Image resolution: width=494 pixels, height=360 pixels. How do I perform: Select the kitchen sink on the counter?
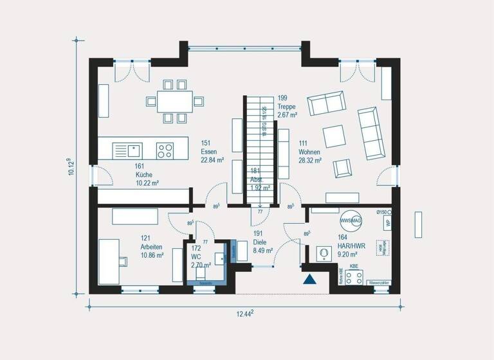[134, 150]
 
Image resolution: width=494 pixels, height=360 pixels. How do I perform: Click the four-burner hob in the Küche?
[165, 150]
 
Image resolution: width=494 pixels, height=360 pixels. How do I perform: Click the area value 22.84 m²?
[212, 161]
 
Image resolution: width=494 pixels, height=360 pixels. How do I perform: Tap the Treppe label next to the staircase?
[287, 107]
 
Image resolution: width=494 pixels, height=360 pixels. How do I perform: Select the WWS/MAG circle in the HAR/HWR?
[351, 220]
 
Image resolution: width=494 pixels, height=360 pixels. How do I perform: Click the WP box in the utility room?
[387, 223]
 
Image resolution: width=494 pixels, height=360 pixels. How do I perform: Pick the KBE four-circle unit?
[354, 277]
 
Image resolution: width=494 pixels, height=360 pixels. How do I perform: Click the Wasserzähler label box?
[378, 282]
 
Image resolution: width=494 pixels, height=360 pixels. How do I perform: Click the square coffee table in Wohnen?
[334, 136]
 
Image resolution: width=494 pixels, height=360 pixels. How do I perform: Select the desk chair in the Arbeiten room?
[122, 260]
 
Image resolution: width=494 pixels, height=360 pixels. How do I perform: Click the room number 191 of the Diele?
[258, 234]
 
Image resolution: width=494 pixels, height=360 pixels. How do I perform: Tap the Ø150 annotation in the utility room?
[382, 212]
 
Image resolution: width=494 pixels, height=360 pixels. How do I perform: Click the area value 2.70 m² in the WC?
[201, 265]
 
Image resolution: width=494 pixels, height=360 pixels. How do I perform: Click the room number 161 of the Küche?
[140, 166]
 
